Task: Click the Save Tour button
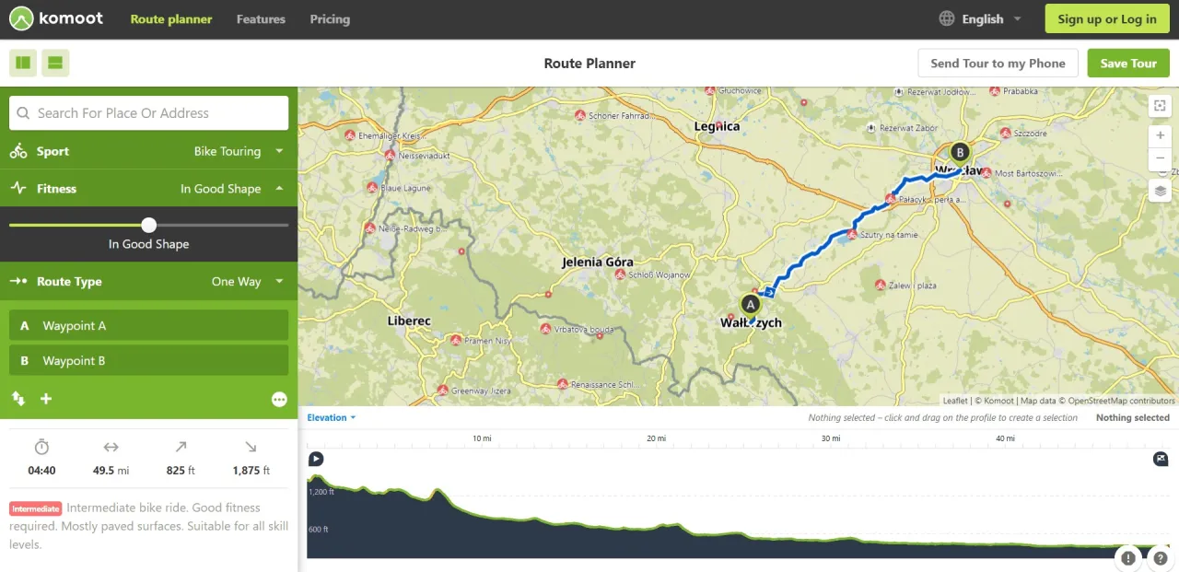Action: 1128,64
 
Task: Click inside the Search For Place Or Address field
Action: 149,113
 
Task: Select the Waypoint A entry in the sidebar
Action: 149,325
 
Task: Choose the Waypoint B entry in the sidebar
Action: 149,360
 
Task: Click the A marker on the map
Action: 751,304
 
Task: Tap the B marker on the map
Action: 960,152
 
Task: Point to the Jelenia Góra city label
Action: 598,263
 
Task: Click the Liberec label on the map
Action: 409,321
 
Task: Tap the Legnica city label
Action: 717,126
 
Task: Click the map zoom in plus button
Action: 1161,135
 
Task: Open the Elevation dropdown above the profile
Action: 331,418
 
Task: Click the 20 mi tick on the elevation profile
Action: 656,438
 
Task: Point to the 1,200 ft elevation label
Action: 321,493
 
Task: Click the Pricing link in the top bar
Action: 330,19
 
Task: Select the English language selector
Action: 981,19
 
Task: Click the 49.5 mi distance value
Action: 111,471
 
